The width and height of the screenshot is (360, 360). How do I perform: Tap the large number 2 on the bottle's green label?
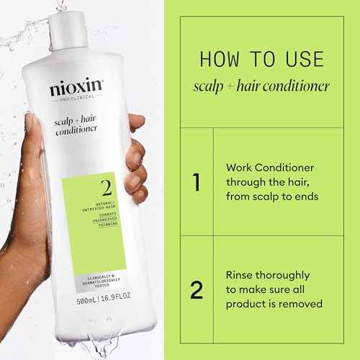(x=106, y=189)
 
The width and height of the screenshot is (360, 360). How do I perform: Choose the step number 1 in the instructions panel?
(x=195, y=182)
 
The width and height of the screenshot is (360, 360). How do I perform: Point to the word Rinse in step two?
(x=240, y=275)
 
